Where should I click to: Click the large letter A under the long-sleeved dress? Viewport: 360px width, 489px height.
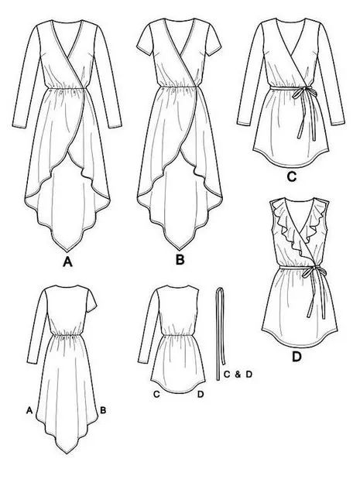coord(67,262)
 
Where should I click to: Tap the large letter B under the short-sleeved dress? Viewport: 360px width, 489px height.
coord(180,259)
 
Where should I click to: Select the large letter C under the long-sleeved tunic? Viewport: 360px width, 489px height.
coord(291,177)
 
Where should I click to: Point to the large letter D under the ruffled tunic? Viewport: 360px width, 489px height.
coord(297,357)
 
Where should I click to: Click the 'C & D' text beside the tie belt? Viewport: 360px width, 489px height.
coord(238,374)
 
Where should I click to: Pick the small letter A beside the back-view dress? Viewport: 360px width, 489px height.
coord(29,410)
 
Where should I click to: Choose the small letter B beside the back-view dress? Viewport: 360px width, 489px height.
coord(103,410)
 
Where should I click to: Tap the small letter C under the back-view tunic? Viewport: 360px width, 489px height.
coord(156,395)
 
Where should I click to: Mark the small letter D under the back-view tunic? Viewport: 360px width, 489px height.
coord(201,395)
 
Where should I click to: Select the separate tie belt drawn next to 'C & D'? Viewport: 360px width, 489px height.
coord(220,333)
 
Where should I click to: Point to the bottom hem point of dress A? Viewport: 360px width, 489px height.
coord(67,251)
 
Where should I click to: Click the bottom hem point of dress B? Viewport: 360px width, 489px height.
coord(180,249)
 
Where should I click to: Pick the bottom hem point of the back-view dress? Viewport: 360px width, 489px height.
coord(66,453)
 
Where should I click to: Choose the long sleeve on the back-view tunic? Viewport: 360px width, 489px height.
coord(148,327)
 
